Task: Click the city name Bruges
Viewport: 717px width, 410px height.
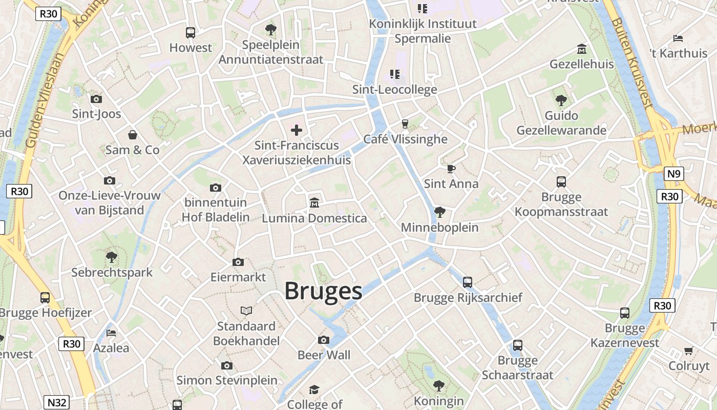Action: [323, 291]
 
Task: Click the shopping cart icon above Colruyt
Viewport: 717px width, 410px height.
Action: [689, 351]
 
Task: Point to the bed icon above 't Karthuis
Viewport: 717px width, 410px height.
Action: [678, 38]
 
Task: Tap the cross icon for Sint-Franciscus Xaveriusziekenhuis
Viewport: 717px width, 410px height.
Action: [297, 130]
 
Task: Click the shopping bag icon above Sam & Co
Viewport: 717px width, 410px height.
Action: [133, 135]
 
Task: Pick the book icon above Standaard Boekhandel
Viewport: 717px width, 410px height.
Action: [246, 311]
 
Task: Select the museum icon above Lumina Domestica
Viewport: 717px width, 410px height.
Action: [314, 203]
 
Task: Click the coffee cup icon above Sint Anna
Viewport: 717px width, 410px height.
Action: [451, 168]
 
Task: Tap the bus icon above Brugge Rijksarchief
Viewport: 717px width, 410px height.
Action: [468, 282]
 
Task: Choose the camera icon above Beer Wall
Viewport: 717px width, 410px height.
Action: [324, 340]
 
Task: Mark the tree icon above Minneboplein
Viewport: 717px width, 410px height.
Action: [439, 212]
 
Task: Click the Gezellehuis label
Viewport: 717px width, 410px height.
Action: [581, 64]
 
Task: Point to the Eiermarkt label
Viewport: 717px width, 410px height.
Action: [238, 277]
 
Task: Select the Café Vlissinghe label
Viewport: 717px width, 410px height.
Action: [405, 139]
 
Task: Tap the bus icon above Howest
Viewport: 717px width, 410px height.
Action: [191, 32]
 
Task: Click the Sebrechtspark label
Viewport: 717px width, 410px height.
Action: [112, 272]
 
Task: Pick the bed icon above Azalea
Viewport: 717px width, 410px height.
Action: [111, 333]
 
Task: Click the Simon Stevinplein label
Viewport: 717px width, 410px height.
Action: [227, 380]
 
